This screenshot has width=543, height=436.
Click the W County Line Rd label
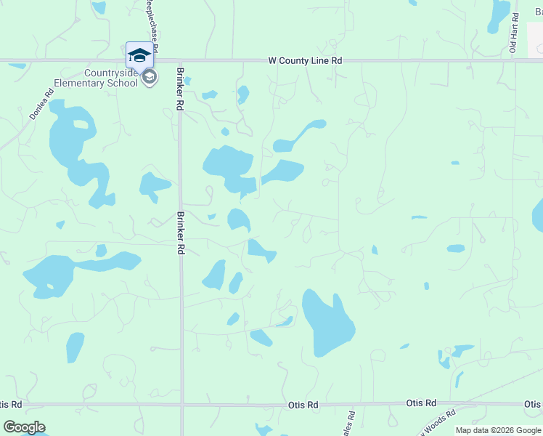coord(304,61)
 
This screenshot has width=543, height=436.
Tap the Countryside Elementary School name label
coord(110,78)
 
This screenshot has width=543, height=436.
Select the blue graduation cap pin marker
coord(139,55)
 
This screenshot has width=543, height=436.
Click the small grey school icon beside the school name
coord(150,78)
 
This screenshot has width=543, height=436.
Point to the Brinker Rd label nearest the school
coord(179,89)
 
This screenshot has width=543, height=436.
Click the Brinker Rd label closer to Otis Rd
coord(180,233)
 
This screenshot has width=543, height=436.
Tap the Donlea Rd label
coord(41,104)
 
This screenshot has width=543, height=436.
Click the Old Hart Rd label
coord(513,32)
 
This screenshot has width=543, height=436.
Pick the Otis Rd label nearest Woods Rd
coord(420,403)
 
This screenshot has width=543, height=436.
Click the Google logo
coord(24,427)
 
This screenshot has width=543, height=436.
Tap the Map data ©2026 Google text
coord(497,430)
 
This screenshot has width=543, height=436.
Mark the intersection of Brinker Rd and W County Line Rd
coord(180,61)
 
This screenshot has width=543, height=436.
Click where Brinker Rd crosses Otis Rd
coord(181,405)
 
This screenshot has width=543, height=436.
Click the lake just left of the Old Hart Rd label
coord(499,15)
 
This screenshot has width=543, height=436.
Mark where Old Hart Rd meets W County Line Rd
coord(515,61)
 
